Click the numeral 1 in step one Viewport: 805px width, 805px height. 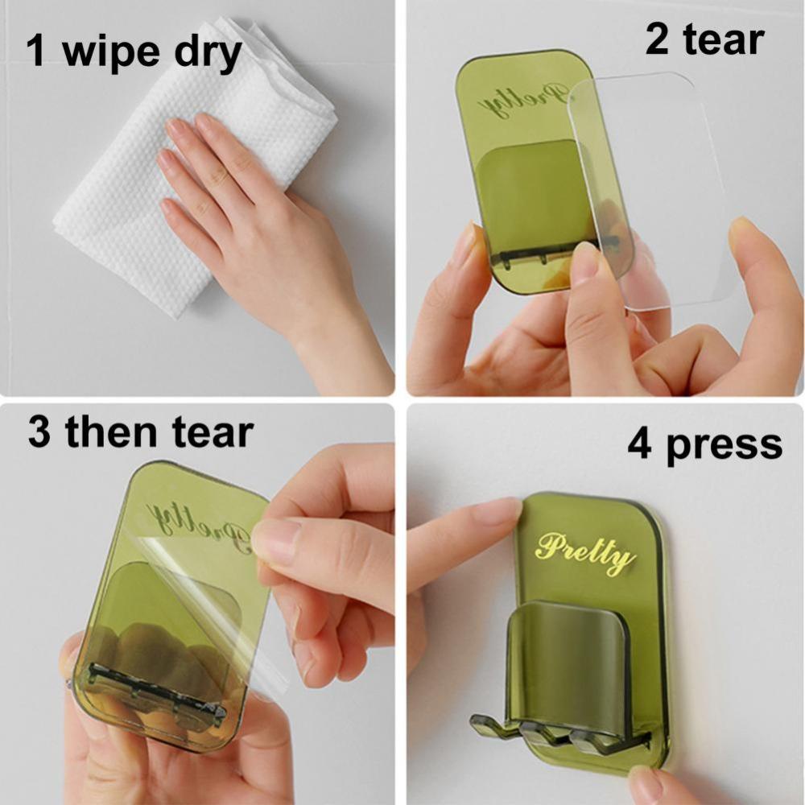coord(36,51)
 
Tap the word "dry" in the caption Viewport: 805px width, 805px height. coord(208,53)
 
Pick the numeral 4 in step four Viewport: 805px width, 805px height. coord(640,444)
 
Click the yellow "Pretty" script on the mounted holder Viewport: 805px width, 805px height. coord(585,553)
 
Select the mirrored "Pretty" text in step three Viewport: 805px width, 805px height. coord(199,524)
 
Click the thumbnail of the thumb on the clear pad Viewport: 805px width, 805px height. coord(585,262)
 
